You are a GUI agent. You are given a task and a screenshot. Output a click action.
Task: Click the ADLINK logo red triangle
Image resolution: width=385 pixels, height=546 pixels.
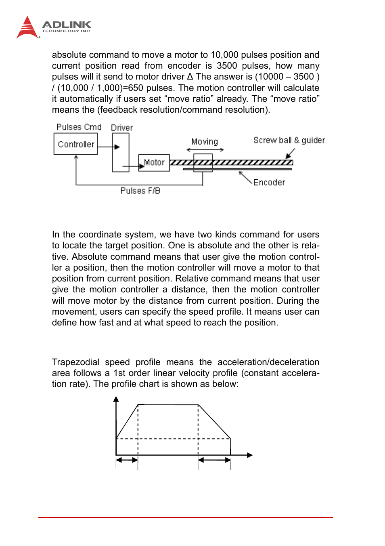coord(27,28)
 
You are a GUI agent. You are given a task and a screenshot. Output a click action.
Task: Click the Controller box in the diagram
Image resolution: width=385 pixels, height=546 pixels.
coord(76,144)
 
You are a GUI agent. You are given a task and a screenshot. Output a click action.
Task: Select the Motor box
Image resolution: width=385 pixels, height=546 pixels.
coord(154,163)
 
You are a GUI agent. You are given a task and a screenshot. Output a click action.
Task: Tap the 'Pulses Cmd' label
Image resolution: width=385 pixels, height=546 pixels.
coord(79,127)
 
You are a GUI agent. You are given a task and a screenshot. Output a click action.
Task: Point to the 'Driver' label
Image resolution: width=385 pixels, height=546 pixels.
coord(122,128)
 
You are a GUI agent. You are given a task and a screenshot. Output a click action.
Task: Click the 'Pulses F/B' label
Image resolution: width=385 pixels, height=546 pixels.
coord(140,191)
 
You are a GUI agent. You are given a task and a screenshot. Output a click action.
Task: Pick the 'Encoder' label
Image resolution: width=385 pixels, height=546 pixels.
coord(269,183)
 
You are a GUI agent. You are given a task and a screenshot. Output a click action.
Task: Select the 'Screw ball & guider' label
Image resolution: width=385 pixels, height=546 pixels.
coord(289,140)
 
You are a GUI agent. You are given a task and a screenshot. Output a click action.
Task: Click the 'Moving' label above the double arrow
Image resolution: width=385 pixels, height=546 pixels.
coord(205,141)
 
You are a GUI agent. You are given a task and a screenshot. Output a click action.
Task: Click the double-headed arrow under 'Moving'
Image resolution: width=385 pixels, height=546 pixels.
coord(205,150)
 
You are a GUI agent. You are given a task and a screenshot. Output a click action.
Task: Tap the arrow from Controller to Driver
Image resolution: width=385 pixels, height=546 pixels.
coord(109,147)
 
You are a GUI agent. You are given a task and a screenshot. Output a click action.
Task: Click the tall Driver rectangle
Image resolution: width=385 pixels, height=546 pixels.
coord(121,153)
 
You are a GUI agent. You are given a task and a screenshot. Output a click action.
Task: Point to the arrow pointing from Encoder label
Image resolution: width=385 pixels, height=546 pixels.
coord(245,177)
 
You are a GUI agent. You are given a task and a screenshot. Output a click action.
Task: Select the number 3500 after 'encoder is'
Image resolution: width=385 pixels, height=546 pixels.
coord(227,66)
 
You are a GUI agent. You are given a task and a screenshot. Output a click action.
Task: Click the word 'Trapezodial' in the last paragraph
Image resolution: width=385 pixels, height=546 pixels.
coord(75,362)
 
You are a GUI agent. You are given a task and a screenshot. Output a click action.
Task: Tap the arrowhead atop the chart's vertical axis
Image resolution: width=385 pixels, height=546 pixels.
coord(116,399)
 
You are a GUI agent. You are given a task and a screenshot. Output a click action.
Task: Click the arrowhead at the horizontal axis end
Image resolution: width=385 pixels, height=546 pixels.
coord(249,455)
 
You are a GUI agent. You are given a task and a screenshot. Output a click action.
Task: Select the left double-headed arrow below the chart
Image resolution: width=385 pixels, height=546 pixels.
coord(127,460)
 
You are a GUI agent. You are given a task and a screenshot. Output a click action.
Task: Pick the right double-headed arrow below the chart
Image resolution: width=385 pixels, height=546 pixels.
coord(214,460)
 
